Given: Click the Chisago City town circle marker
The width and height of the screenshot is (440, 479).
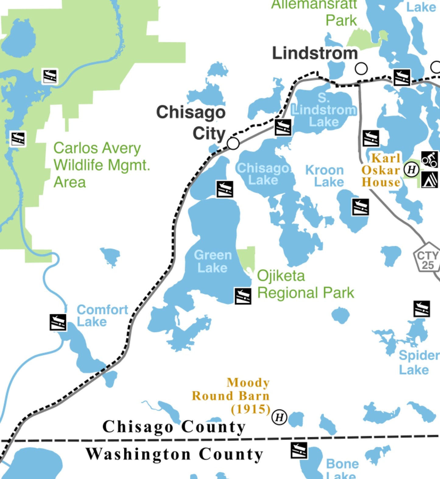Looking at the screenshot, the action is pos(233,143).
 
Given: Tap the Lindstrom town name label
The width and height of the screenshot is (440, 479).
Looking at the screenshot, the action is pos(315,53).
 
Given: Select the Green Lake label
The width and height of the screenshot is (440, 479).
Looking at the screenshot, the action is pos(213,261).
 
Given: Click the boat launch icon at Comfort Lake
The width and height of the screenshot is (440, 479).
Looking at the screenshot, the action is pos(58,322).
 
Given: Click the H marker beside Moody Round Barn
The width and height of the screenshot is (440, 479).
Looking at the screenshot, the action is pos(279,417).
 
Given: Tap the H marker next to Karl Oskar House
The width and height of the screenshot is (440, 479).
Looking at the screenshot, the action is pos(411,170).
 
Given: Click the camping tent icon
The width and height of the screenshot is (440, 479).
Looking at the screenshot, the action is pos(429,180).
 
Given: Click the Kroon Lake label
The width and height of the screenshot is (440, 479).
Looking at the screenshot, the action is pos(325,176).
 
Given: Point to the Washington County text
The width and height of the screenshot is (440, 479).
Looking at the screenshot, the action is pos(174,454).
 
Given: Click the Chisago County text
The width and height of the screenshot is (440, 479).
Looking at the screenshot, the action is pos(174,427).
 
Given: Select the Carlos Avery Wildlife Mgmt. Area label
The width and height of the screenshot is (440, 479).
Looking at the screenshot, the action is pos(102,165).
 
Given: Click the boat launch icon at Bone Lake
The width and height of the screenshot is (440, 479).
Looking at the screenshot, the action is pos(299,450).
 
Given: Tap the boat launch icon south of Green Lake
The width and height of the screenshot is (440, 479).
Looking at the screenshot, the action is pos(243,296).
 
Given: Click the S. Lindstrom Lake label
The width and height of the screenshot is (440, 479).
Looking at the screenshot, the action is pos(324,110).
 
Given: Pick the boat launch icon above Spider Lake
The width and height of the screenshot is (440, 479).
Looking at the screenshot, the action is pos(422,309).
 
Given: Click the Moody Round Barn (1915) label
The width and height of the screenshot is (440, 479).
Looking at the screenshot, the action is pos(231,396).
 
